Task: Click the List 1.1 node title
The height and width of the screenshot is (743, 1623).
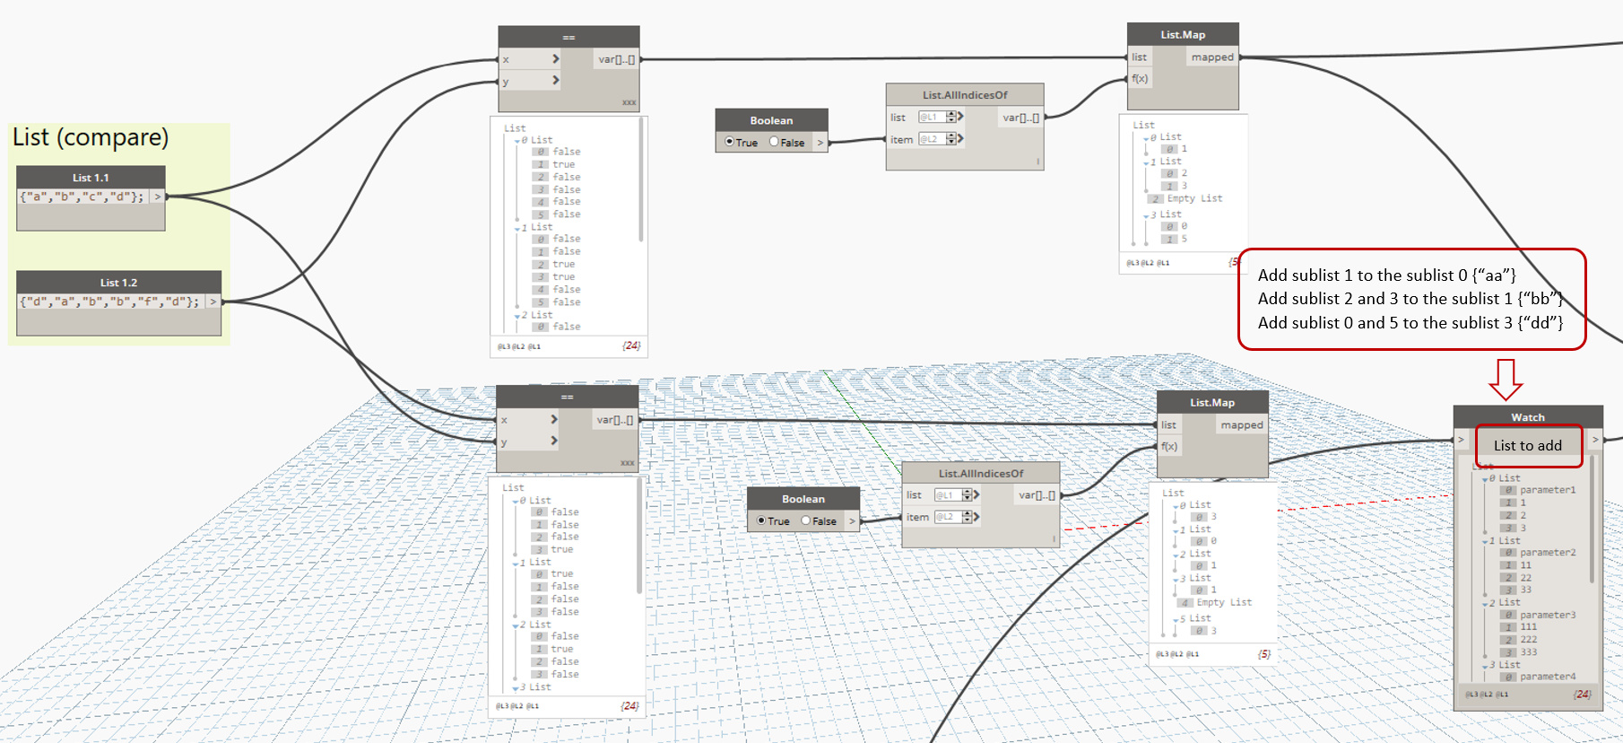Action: pyautogui.click(x=91, y=178)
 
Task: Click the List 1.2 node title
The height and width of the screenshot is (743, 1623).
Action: pyautogui.click(x=118, y=283)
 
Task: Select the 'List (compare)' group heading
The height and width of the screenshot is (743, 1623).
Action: pyautogui.click(x=91, y=137)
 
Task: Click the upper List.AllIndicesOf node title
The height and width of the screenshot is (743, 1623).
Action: pyautogui.click(x=965, y=95)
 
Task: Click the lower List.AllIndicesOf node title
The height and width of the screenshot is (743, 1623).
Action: pyautogui.click(x=981, y=474)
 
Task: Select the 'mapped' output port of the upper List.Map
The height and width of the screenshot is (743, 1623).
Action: pyautogui.click(x=1212, y=57)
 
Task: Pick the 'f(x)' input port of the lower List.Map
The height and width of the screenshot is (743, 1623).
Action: pyautogui.click(x=1169, y=447)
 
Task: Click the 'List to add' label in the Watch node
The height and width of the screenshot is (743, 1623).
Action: pyautogui.click(x=1527, y=445)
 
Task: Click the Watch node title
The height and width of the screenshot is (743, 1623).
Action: pyautogui.click(x=1528, y=417)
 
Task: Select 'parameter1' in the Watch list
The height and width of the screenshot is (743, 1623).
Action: pyautogui.click(x=1548, y=490)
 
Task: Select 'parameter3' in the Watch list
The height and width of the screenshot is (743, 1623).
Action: pyautogui.click(x=1548, y=615)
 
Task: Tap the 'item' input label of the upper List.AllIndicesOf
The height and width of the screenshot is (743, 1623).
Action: pyautogui.click(x=901, y=140)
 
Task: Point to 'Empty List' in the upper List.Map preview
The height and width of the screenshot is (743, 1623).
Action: pyautogui.click(x=1194, y=198)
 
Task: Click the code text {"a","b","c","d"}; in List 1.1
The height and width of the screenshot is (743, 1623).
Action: pyautogui.click(x=82, y=197)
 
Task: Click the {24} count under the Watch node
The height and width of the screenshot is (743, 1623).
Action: pyautogui.click(x=1583, y=695)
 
